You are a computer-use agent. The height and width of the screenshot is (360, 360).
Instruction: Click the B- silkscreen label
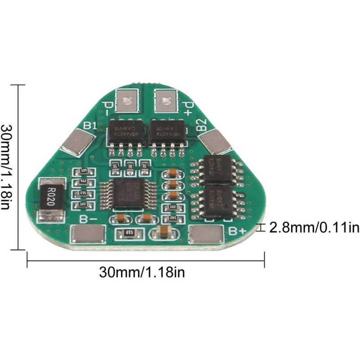pos(88,220)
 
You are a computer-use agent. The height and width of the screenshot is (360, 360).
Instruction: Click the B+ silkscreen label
pos(237,231)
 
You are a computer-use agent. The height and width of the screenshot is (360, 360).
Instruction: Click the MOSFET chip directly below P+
pos(167,131)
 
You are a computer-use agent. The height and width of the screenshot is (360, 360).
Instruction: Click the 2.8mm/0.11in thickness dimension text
pos(314,228)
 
